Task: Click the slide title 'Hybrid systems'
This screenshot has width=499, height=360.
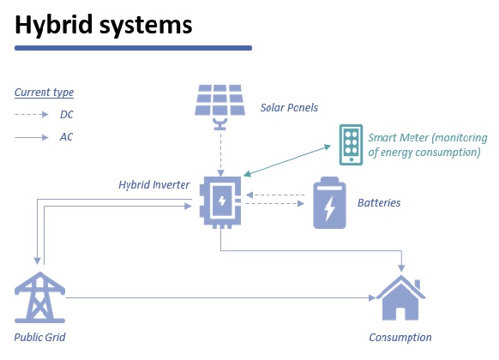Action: click(x=103, y=26)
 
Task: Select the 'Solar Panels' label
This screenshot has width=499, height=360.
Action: click(x=289, y=109)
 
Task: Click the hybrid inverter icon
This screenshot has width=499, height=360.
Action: click(x=221, y=203)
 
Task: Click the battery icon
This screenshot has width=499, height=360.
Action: click(x=329, y=203)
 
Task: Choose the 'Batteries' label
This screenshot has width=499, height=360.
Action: click(x=379, y=203)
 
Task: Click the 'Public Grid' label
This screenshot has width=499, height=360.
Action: click(x=39, y=337)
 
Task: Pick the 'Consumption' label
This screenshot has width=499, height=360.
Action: click(x=400, y=337)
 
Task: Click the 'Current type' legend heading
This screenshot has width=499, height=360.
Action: click(x=45, y=93)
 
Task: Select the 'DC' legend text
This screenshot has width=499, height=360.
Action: click(x=66, y=114)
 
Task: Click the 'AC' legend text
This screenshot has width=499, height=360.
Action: click(x=66, y=136)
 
